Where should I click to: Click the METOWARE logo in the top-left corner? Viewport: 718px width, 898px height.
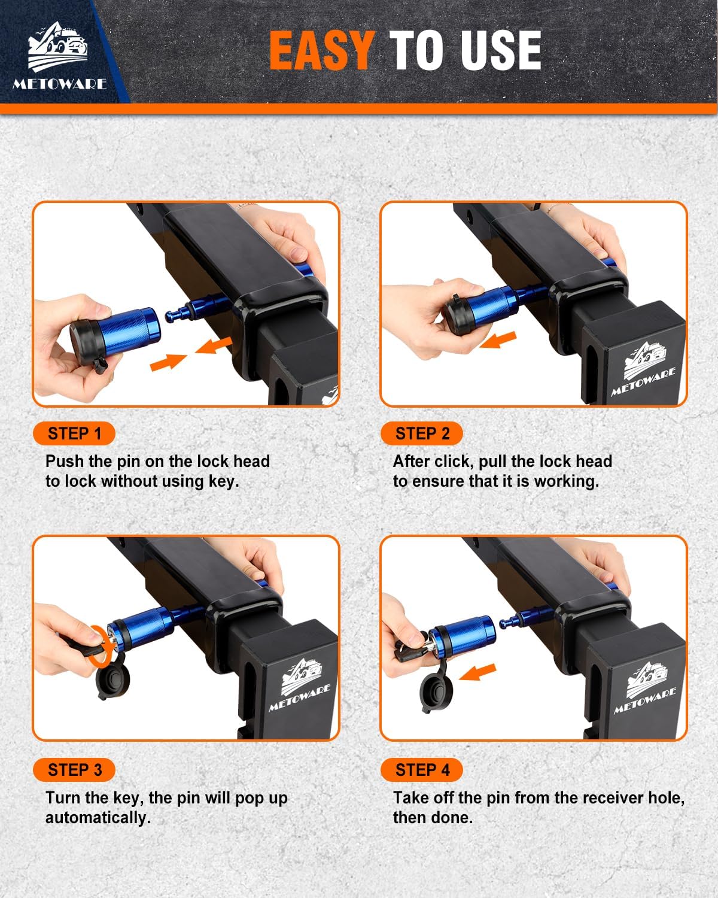[59, 57]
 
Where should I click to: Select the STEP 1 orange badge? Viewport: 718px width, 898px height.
[74, 433]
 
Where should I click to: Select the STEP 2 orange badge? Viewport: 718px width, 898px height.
[422, 433]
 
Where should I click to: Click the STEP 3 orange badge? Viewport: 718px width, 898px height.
[74, 770]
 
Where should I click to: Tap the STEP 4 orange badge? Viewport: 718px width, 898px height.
[422, 770]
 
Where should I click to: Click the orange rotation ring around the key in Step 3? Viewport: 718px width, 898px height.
[98, 645]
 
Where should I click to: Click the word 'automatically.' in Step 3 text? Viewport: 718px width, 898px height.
[98, 818]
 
